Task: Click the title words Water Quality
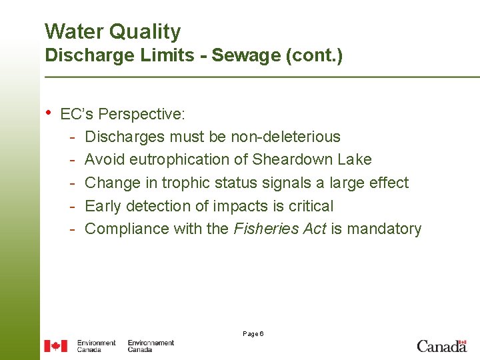point(113,31)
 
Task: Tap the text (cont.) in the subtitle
point(314,55)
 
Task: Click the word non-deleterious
point(285,137)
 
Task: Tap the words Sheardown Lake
point(312,160)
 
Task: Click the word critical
point(309,206)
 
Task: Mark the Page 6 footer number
point(253,333)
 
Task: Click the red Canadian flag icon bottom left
point(56,345)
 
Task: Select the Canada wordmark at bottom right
point(441,345)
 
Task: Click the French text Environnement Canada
point(151,345)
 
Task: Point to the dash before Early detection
point(71,206)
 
